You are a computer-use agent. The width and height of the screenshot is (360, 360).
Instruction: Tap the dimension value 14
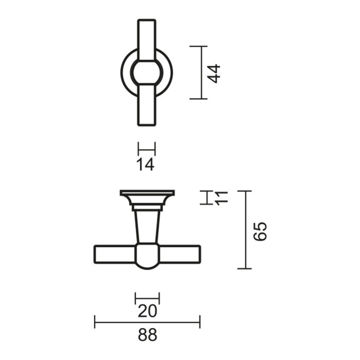[147, 165]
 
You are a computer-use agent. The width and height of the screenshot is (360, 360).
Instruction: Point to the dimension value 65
[261, 231]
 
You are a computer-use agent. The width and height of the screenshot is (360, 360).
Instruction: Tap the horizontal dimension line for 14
[147, 149]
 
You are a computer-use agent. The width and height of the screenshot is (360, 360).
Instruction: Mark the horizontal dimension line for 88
[148, 323]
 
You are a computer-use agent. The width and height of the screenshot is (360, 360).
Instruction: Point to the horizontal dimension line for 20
[147, 298]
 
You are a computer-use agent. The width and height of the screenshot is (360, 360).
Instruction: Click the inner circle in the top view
[147, 73]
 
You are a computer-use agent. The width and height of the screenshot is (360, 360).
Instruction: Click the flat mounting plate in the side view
[147, 194]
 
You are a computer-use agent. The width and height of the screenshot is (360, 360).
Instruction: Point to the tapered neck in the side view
[147, 226]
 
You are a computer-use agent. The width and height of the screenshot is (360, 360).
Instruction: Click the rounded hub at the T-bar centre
[147, 256]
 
